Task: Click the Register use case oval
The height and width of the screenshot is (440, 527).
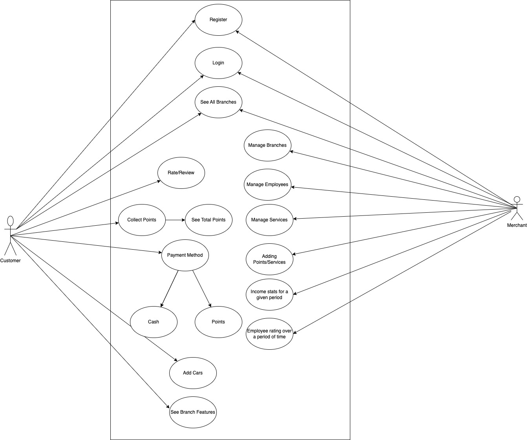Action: coord(218,20)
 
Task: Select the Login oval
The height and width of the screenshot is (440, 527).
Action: coord(218,63)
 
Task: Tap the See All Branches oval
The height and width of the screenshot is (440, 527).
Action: coord(218,102)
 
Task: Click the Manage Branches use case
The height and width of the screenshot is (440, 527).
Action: coord(267,145)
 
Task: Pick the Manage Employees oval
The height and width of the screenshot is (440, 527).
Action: coord(267,184)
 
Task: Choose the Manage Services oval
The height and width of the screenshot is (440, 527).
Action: coord(269,220)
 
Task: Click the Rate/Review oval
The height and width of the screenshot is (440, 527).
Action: coord(181,173)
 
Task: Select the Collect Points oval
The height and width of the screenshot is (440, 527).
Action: coord(142,220)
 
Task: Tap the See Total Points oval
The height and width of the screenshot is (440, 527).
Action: coord(209,220)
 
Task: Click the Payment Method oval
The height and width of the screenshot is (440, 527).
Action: coord(185,255)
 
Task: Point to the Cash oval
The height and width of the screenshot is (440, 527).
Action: coord(154,322)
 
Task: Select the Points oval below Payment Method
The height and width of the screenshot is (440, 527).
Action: coord(218,322)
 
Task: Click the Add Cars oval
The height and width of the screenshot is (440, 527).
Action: coord(193,373)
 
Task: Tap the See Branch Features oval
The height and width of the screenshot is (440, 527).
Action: coord(193,412)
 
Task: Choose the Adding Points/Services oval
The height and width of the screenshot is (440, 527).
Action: coord(269,259)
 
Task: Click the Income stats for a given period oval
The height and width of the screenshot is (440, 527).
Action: coord(269,294)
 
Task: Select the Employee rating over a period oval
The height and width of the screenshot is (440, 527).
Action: coord(269,334)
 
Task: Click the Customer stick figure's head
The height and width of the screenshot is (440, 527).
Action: coord(11,221)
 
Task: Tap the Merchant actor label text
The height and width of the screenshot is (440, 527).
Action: coord(517,225)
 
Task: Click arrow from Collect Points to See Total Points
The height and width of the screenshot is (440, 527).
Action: coord(175,220)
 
